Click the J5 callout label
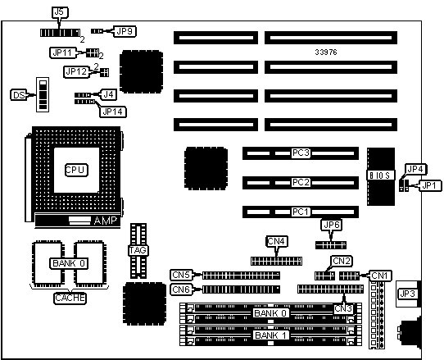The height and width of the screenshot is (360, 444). point(61,12)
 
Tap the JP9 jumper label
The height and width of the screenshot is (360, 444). point(125,31)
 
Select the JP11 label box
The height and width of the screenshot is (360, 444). point(63,52)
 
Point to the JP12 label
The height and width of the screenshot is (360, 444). point(76,71)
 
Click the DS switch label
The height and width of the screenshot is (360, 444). point(19,95)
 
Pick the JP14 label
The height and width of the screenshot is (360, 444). point(113,112)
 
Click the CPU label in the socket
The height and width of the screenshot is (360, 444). point(76,170)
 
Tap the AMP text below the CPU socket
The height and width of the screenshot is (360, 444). point(105,221)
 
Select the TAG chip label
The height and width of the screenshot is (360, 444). point(138,250)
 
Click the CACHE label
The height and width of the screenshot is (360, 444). point(70,298)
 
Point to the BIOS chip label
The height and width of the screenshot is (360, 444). point(381,175)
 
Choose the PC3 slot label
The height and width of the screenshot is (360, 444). point(301,153)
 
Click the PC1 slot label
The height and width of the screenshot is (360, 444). point(301,212)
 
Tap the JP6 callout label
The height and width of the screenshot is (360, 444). point(331,225)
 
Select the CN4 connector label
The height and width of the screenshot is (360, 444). point(276,241)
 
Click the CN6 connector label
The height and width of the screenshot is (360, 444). point(181,289)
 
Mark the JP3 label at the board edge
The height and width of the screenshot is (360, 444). point(407,294)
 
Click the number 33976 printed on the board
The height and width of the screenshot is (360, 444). point(326,52)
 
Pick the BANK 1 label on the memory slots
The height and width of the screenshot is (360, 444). point(270,335)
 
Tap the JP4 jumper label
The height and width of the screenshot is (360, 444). point(415,170)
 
